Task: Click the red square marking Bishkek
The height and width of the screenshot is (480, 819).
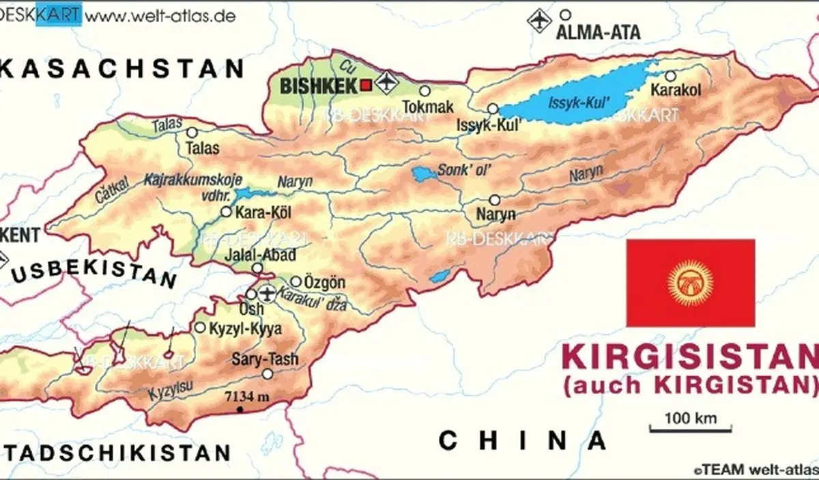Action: click(x=367, y=85)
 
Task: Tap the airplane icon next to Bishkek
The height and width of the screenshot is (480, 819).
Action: click(x=386, y=83)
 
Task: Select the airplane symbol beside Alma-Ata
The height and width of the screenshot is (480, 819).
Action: click(x=539, y=20)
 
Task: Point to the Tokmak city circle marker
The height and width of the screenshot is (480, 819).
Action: click(x=425, y=91)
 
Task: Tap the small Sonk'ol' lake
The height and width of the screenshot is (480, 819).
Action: click(x=424, y=174)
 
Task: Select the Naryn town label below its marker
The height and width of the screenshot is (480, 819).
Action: click(x=496, y=215)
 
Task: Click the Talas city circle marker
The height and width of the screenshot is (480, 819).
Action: click(x=192, y=132)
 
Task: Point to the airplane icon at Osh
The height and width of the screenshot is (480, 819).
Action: click(x=266, y=294)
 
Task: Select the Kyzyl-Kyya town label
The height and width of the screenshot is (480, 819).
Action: click(x=246, y=328)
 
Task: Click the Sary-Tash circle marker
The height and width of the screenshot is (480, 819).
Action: click(x=267, y=373)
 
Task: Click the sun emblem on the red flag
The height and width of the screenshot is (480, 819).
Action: click(x=690, y=282)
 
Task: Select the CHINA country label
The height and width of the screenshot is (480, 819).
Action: click(x=523, y=440)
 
